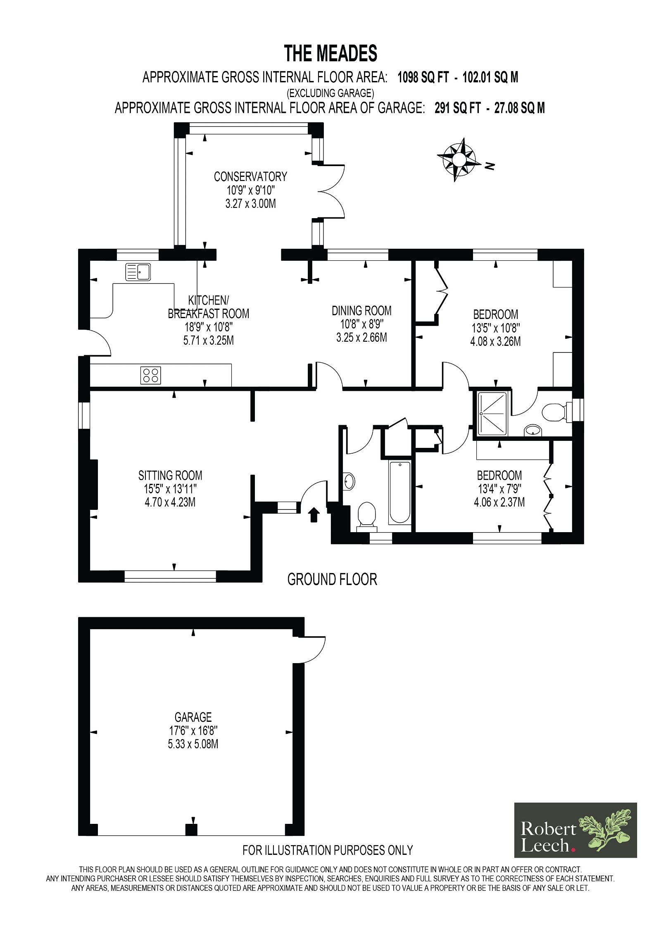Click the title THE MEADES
click(330, 54)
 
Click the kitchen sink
click(138, 272)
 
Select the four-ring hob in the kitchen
click(150, 375)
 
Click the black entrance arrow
click(314, 515)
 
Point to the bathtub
click(399, 492)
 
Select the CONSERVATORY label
click(250, 177)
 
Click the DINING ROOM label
click(361, 311)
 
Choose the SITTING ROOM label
click(170, 476)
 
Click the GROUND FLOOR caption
click(332, 580)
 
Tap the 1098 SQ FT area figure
click(423, 77)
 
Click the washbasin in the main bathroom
click(349, 481)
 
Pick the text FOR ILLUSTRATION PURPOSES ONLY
click(328, 850)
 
